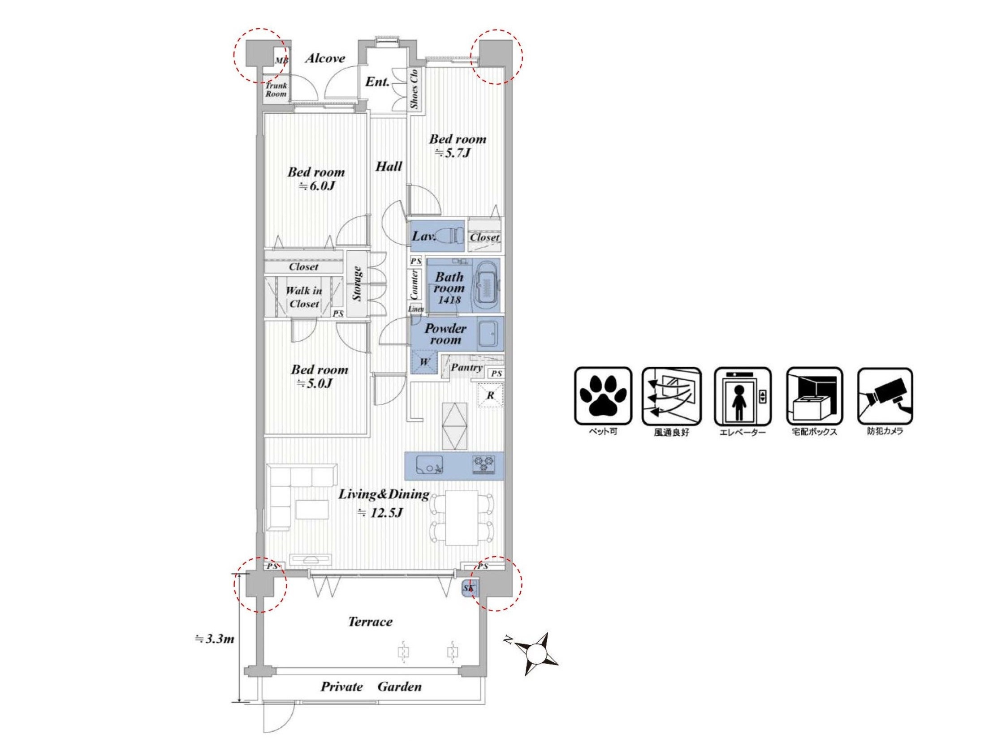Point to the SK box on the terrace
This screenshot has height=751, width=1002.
(469, 589)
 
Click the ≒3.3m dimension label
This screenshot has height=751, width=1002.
(214, 639)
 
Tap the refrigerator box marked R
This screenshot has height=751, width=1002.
(491, 395)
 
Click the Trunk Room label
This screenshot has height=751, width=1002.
(276, 90)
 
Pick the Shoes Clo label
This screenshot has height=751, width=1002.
(414, 89)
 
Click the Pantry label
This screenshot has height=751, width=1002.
(466, 368)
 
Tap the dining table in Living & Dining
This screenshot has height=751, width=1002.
(462, 518)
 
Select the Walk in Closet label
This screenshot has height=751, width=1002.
(303, 297)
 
